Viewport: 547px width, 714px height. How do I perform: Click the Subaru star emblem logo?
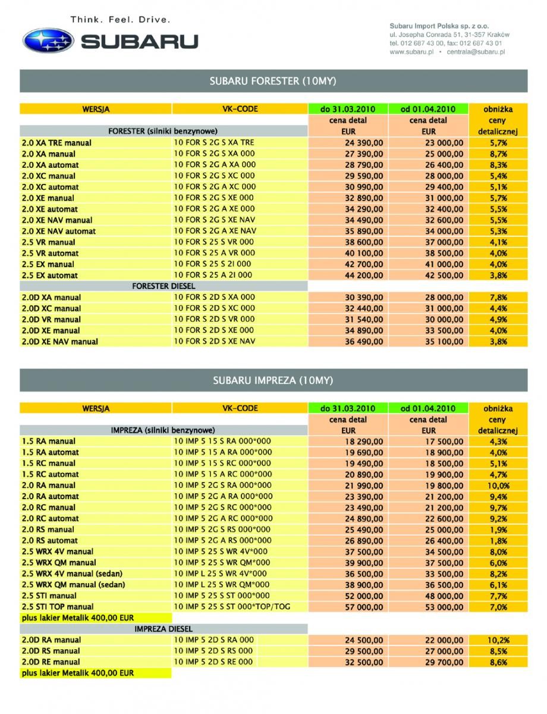48,40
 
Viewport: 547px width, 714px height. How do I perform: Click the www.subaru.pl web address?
411,52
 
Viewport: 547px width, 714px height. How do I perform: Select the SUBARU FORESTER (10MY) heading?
273,81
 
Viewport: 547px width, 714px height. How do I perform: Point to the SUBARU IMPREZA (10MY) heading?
273,380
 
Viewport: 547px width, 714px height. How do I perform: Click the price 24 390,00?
363,143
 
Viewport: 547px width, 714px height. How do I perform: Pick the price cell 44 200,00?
363,275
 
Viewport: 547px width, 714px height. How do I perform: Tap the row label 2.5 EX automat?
49,275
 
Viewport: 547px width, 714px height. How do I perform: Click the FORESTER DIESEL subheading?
164,286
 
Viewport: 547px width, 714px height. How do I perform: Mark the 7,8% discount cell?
498,297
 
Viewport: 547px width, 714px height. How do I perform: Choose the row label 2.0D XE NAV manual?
59,342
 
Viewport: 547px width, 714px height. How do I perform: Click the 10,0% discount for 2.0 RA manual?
498,486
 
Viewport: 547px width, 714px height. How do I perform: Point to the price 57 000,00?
363,607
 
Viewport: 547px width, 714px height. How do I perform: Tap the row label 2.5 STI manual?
49,596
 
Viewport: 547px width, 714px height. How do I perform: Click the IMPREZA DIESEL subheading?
164,629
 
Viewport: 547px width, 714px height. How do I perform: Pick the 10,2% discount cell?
498,640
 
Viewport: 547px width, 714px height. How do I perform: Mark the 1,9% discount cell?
498,530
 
